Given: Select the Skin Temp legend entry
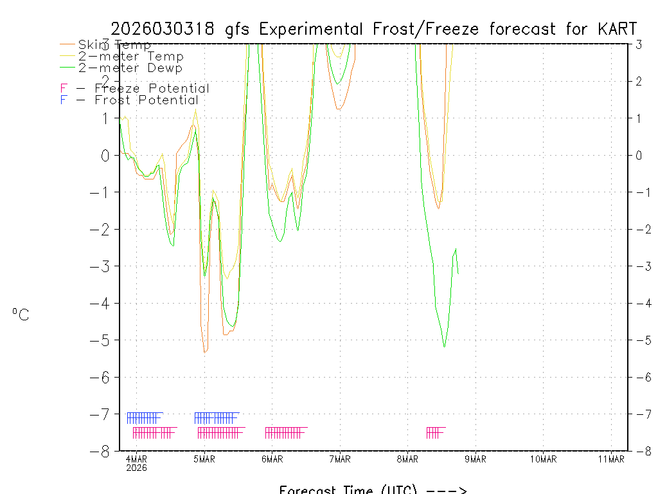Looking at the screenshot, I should (114, 44).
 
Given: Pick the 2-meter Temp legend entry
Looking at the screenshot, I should (130, 57).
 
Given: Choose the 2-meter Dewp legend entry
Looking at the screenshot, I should (130, 68).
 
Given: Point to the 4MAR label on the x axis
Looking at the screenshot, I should (136, 459).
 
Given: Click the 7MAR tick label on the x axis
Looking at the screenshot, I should (340, 459).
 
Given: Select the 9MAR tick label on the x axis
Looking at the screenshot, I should (476, 459).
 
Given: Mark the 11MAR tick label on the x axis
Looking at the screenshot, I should (611, 459).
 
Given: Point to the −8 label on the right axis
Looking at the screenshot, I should (640, 451).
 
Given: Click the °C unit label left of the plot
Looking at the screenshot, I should (21, 315).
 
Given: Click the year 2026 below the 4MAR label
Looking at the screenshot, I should (136, 468).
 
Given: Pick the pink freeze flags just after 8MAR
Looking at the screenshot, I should (435, 432).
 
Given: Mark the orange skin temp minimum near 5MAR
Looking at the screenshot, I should (204, 352).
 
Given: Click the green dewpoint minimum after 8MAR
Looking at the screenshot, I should (444, 347).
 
